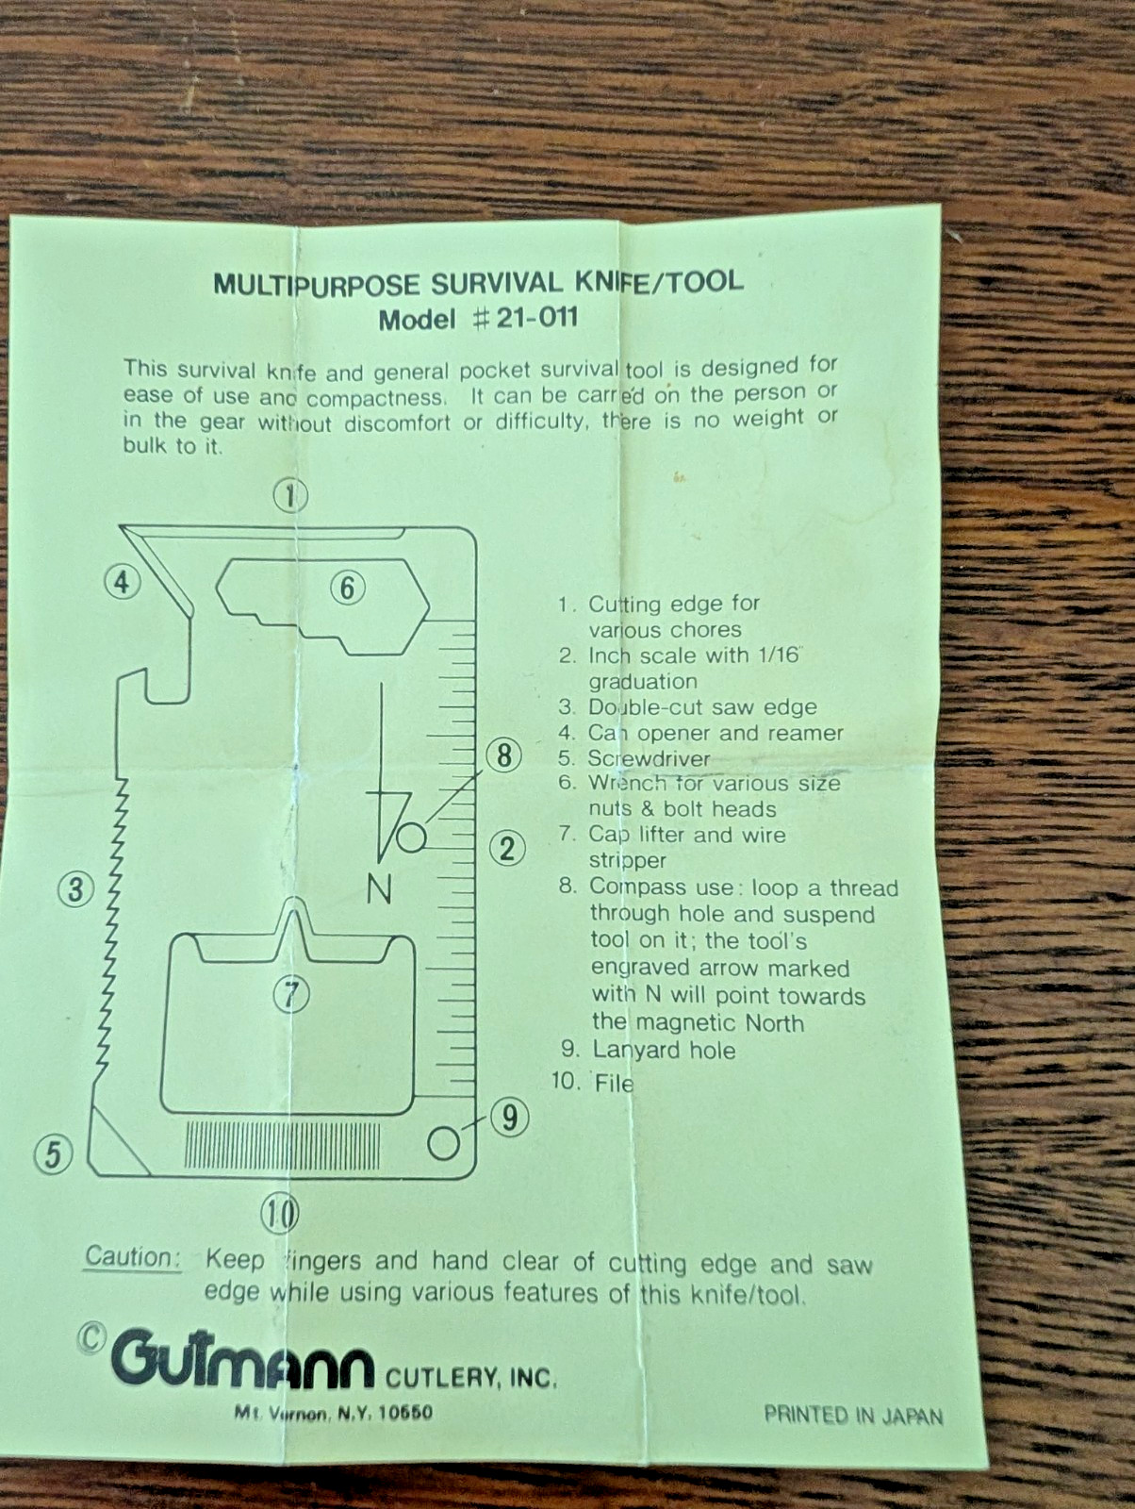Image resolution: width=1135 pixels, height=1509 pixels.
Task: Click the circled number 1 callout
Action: pos(290,496)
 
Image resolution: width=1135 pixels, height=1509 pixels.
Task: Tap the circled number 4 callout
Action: pos(123,582)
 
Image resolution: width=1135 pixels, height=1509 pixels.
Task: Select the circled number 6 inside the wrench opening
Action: pos(348,589)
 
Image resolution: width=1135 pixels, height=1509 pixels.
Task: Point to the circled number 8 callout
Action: pos(504,755)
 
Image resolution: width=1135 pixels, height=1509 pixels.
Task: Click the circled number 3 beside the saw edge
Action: pos(75,889)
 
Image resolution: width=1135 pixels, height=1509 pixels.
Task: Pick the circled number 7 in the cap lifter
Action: pos(291,994)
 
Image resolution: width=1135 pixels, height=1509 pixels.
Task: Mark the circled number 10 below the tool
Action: pos(280,1214)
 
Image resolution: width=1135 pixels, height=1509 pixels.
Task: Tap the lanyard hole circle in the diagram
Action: pos(443,1143)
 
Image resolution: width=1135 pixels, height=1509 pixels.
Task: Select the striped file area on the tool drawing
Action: pos(283,1146)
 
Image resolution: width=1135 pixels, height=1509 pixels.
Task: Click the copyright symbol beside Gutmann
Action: pos(91,1338)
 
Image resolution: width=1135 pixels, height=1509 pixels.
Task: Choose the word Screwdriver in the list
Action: pos(649,758)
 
